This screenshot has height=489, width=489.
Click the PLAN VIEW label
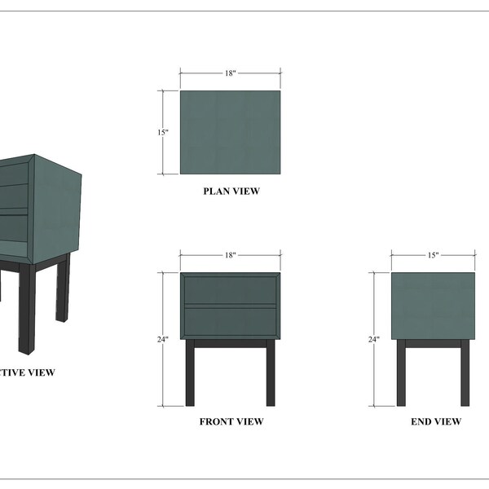[231, 192]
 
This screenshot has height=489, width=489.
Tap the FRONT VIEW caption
[231, 422]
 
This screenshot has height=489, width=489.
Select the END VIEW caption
[436, 422]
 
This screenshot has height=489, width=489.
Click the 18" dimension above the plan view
[231, 73]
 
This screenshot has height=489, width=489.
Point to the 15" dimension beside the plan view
[163, 132]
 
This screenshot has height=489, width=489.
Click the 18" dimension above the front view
[231, 255]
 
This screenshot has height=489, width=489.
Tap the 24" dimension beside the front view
[163, 339]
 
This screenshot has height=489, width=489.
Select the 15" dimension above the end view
[434, 255]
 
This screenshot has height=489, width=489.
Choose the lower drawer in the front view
[230, 320]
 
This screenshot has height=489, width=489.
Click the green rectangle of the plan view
[230, 132]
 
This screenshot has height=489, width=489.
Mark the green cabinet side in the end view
[433, 306]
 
